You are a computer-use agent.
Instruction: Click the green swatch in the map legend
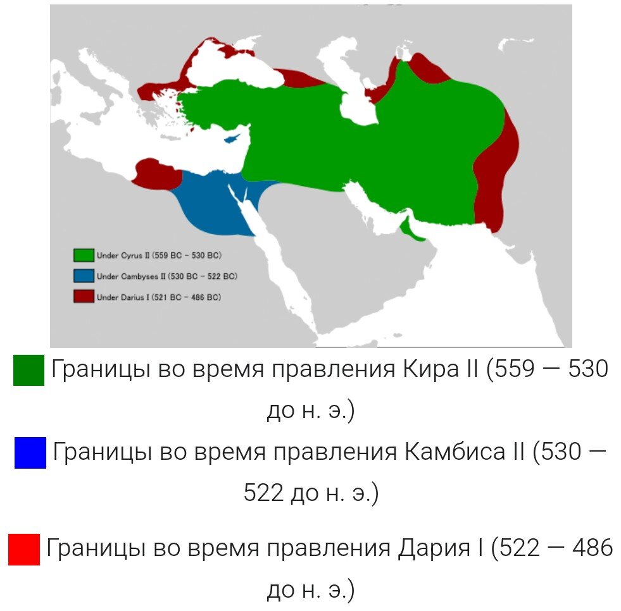[x=84, y=256]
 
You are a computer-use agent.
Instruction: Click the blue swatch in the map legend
[x=84, y=276]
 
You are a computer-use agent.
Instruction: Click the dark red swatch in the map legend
[x=84, y=296]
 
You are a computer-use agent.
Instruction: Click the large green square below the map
[x=28, y=370]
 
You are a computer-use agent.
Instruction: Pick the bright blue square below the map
[x=30, y=453]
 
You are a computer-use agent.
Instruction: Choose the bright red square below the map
[x=24, y=549]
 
